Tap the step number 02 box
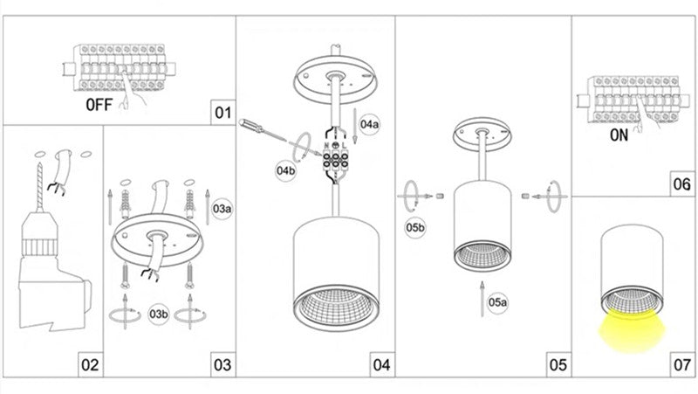point(90,364)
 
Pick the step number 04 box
point(381,364)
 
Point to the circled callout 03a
point(223,208)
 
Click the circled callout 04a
point(370,124)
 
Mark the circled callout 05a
point(497,302)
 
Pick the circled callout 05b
point(415,228)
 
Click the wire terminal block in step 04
point(332,159)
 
